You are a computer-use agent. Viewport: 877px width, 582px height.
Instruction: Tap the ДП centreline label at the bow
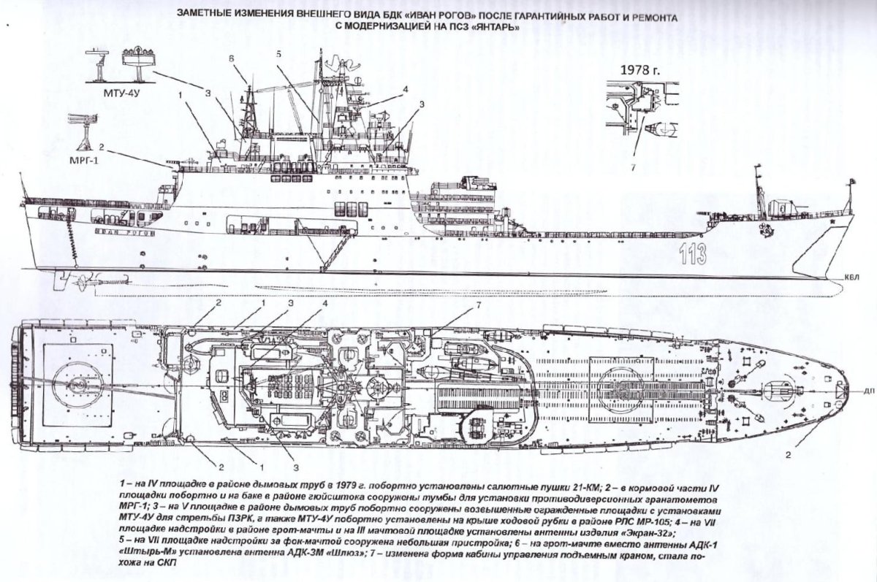[867, 390]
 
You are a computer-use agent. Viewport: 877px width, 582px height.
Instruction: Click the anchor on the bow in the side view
[766, 228]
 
